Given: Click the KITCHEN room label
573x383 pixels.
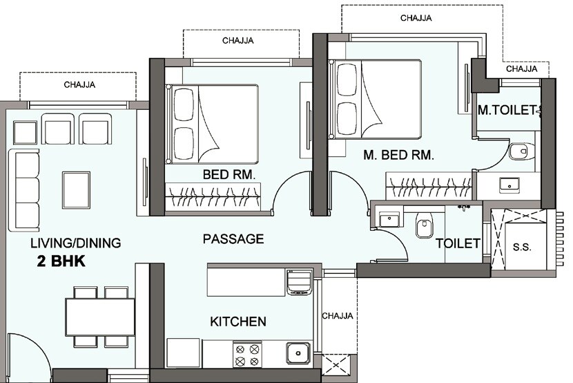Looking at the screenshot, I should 237,321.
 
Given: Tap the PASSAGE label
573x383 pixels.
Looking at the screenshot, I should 233,239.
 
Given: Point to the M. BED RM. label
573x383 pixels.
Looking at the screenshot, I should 398,156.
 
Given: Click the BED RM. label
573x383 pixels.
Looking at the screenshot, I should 229,176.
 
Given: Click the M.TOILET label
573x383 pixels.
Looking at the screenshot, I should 507,110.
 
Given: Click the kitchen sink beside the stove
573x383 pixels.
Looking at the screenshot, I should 298,353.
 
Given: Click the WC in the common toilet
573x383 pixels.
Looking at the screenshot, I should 424,225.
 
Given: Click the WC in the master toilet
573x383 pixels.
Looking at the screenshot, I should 521,151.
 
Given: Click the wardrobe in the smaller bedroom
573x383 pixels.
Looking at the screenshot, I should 213,198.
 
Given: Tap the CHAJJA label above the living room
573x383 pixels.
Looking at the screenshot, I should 79,85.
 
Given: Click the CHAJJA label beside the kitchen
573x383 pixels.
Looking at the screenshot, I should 338,316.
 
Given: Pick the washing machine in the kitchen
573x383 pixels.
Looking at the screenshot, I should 299,283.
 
